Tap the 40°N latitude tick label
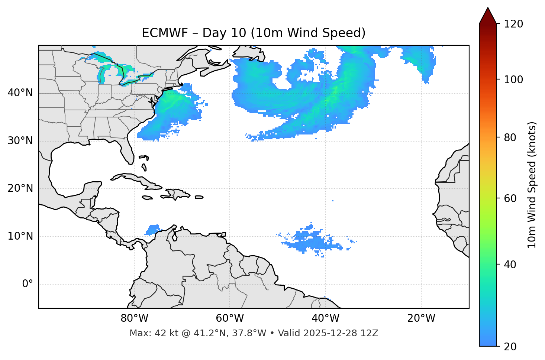20,93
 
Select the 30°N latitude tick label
20,141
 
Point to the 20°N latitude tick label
20,188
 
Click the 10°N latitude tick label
20,236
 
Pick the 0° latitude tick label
28,284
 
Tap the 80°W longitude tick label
134,318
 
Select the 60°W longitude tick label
230,318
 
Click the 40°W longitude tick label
325,318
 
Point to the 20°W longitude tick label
421,318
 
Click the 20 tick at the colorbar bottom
510,347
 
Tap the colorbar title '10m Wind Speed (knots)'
532,185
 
